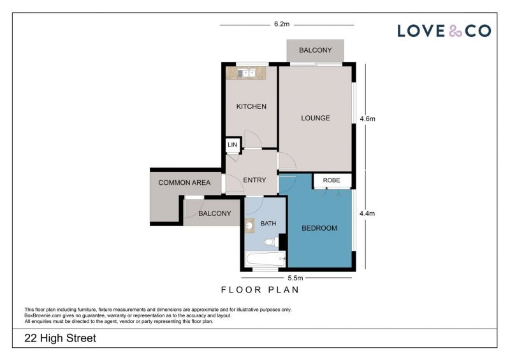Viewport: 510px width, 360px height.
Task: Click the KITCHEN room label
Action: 251,106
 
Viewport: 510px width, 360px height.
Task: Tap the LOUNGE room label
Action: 315,118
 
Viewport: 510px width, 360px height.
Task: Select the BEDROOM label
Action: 319,228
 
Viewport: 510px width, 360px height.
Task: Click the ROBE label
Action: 331,180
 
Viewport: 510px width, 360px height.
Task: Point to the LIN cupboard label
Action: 232,145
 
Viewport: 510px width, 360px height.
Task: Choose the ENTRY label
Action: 254,180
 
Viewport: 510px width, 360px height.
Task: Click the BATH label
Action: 268,224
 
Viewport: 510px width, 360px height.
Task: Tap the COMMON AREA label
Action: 184,183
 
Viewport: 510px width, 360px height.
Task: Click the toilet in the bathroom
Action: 272,242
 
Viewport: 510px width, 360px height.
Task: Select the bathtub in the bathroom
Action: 266,259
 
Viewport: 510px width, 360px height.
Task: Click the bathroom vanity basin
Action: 249,226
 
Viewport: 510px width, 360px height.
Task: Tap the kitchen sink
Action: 246,73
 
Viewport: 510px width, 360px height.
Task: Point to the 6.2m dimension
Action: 282,24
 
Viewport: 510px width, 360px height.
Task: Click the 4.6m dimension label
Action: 367,119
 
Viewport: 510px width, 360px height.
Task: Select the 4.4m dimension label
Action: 367,213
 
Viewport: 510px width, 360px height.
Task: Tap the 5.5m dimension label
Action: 295,278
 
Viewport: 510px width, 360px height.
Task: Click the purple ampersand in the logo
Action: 455,31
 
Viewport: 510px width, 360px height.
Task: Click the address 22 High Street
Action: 60,338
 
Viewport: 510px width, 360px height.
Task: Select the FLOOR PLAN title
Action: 260,290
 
